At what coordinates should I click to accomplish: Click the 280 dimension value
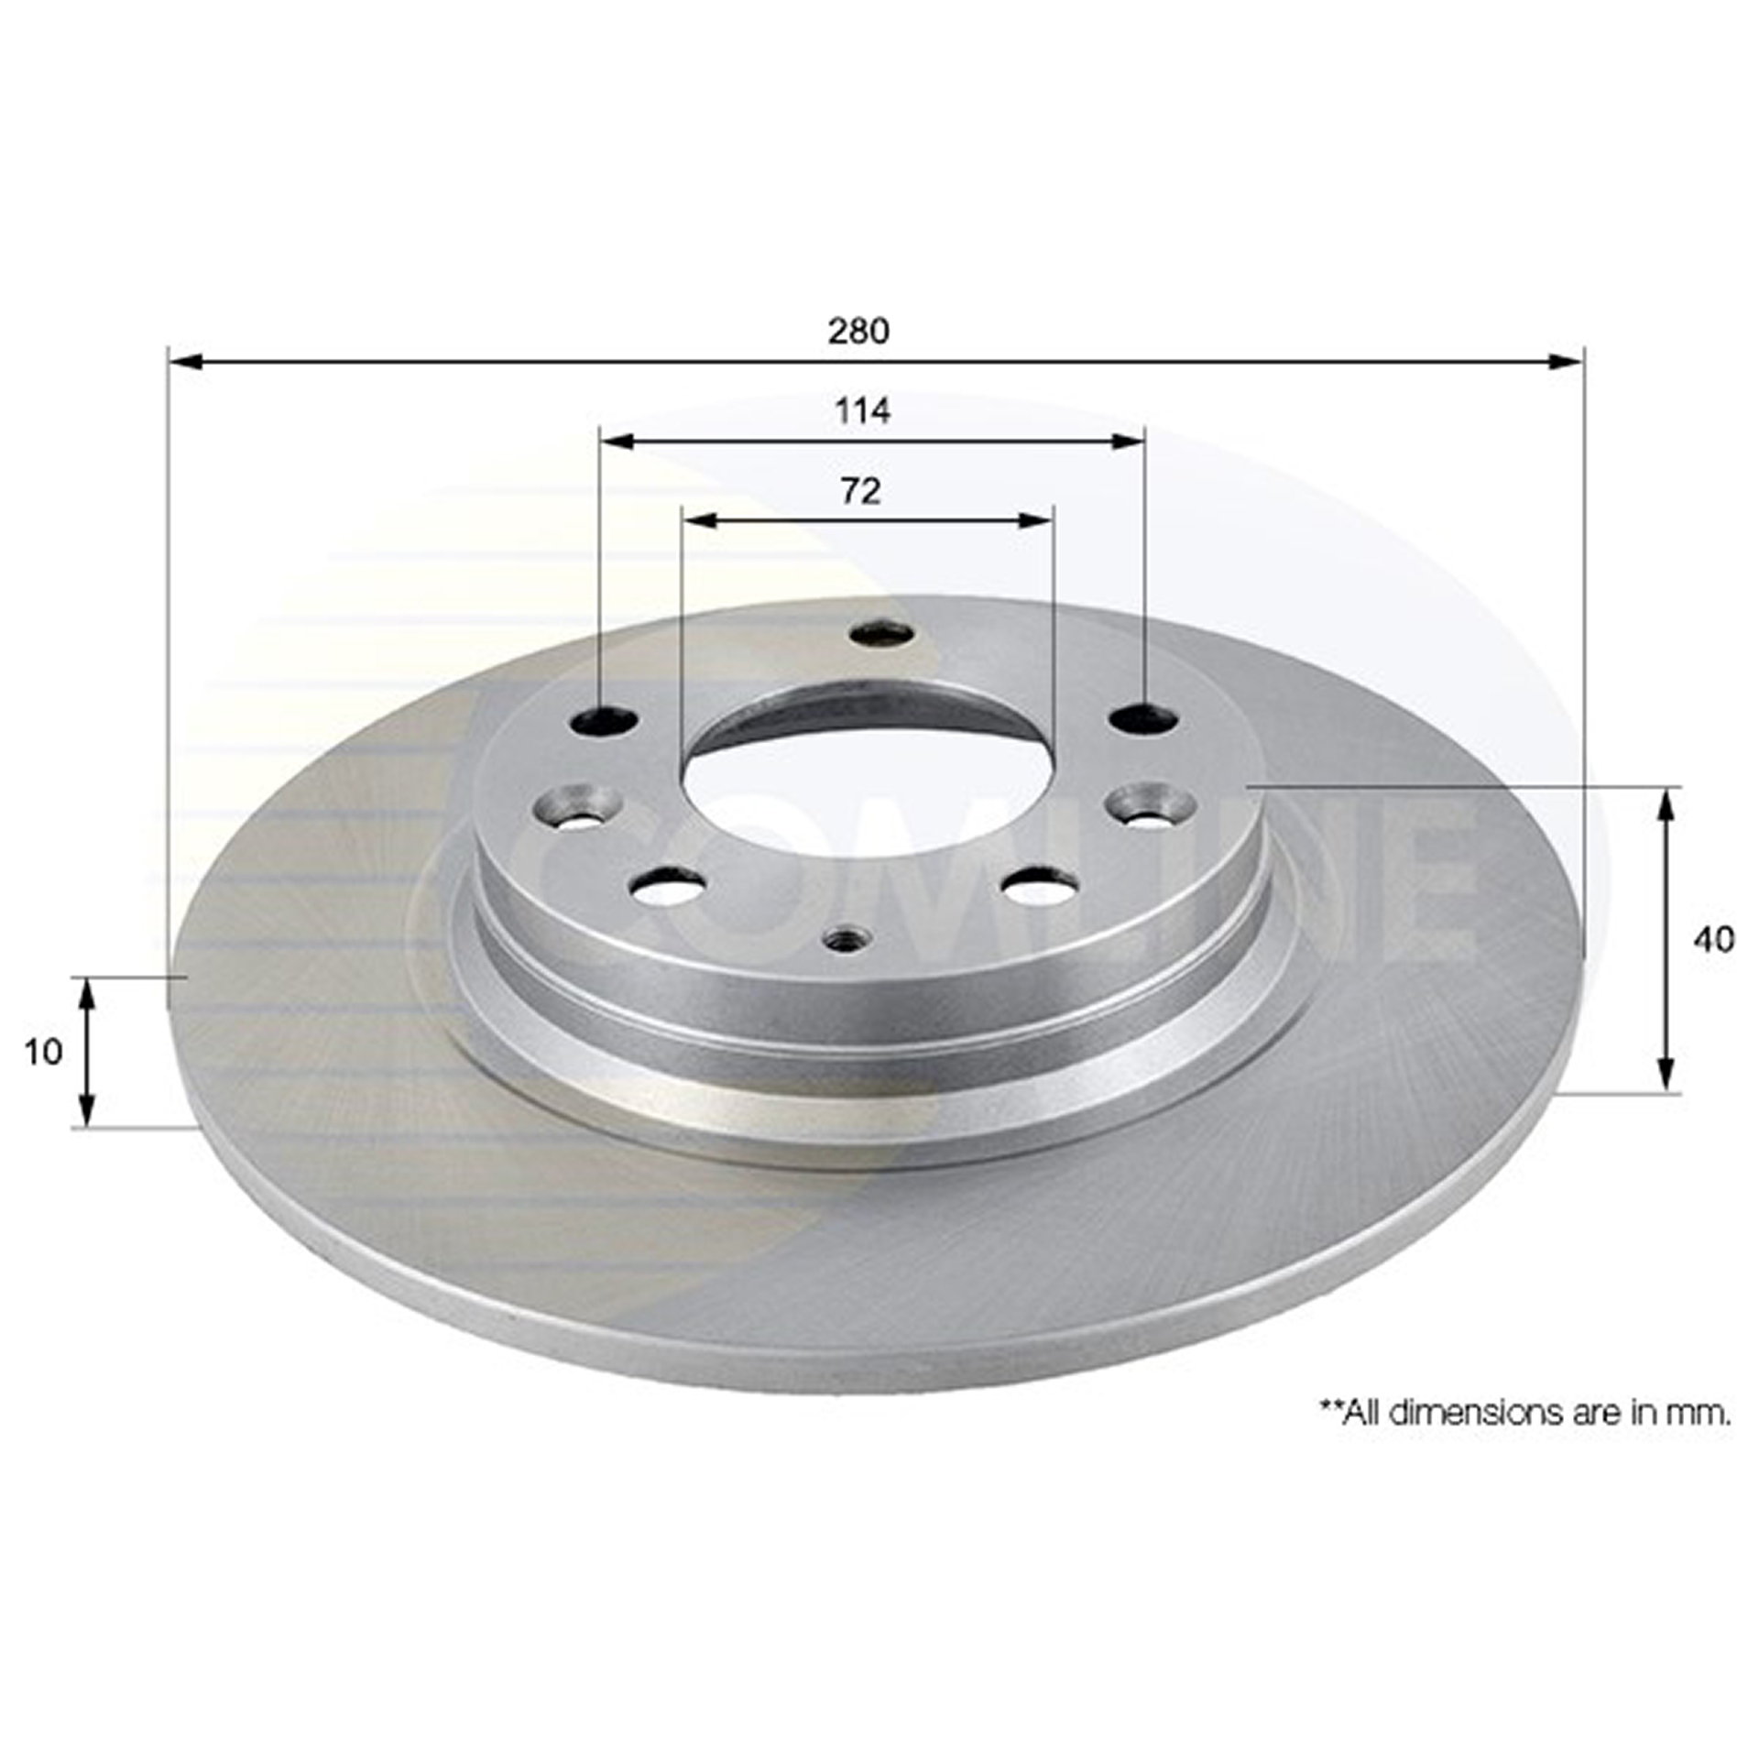pyautogui.click(x=858, y=331)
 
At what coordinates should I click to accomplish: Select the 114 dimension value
pyautogui.click(x=862, y=411)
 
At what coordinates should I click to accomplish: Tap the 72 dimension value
pyautogui.click(x=860, y=492)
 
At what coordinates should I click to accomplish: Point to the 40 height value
pyautogui.click(x=1713, y=939)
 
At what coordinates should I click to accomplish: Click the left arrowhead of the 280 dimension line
pyautogui.click(x=186, y=362)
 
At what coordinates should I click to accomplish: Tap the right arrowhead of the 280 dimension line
pyautogui.click(x=1566, y=362)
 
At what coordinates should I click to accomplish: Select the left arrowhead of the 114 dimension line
pyautogui.click(x=617, y=442)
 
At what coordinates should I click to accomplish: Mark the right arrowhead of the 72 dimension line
pyautogui.click(x=1036, y=521)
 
